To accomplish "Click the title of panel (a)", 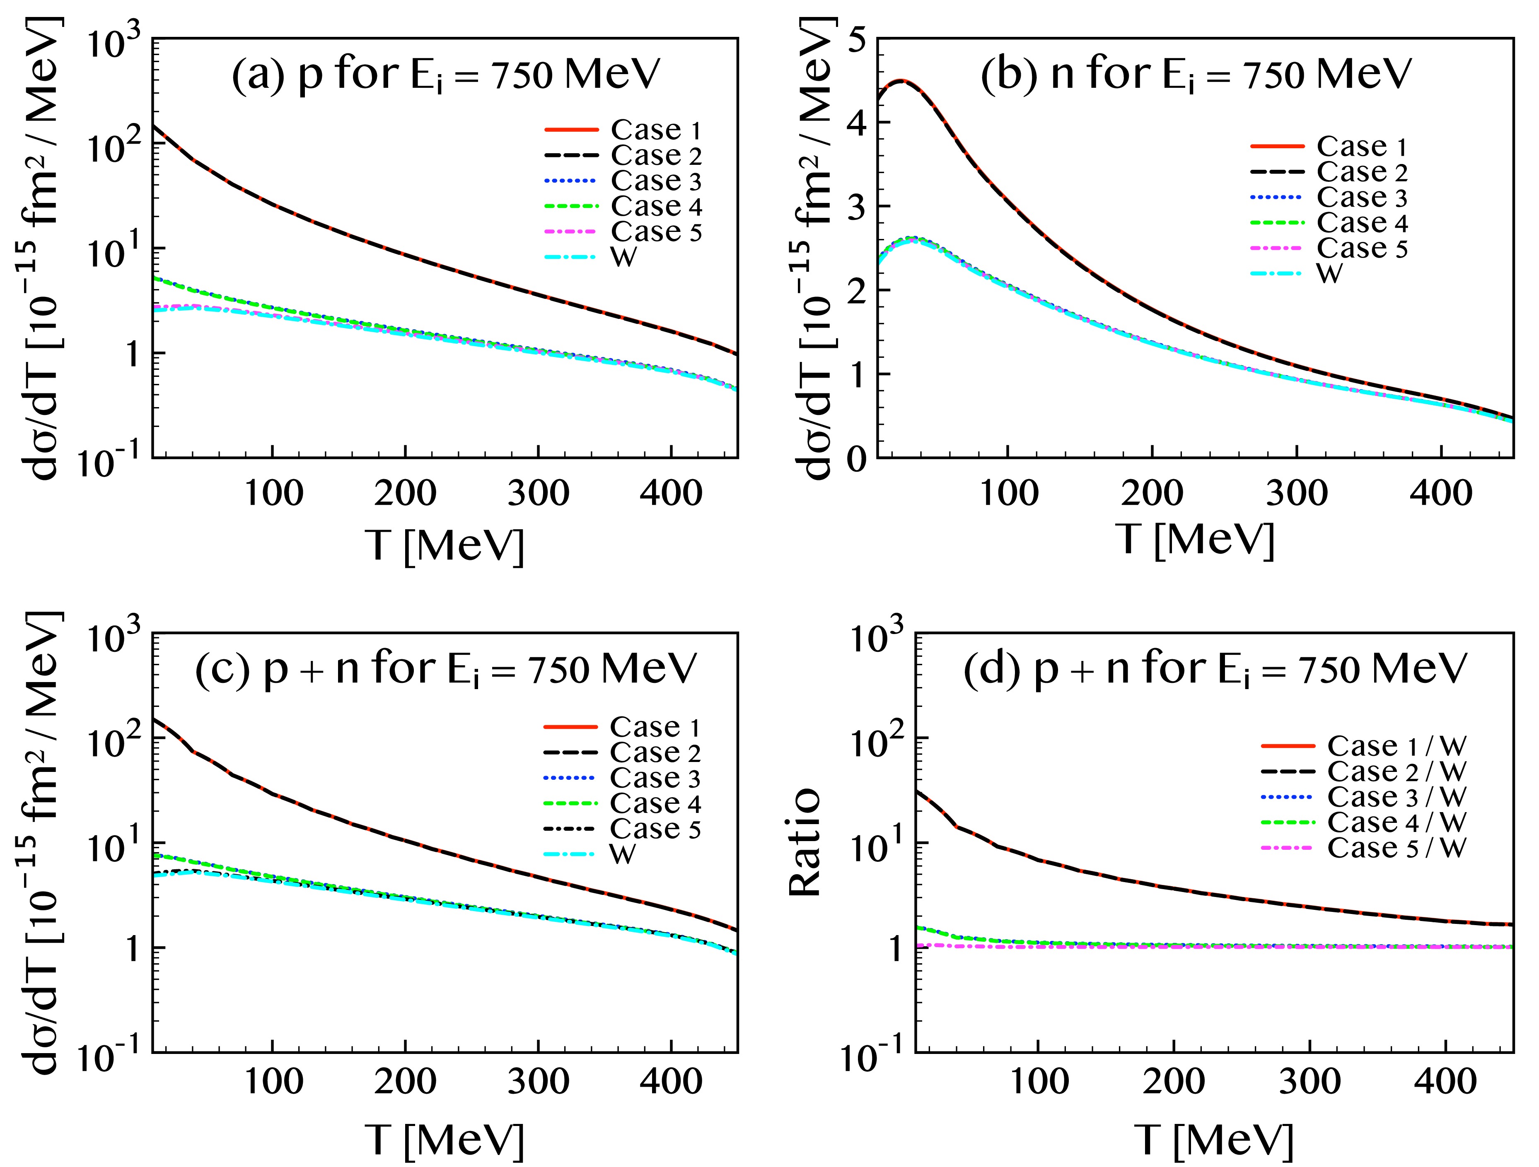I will click(445, 75).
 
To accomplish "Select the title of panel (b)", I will click(1195, 75).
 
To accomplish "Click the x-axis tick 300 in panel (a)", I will click(538, 493).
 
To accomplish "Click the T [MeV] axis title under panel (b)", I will click(1195, 539).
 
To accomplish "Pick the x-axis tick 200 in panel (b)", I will click(1152, 493).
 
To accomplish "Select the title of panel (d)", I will click(1214, 669).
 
